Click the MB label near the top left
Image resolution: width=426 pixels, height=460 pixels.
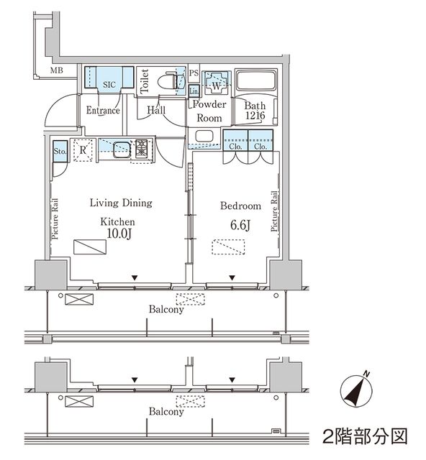(x=56, y=70)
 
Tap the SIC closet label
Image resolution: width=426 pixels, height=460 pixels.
(x=109, y=84)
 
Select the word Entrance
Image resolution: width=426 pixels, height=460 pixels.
(x=103, y=111)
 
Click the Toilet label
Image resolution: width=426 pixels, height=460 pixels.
(x=144, y=80)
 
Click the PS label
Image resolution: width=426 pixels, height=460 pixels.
(x=193, y=73)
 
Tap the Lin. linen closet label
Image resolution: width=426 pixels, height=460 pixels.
(x=194, y=91)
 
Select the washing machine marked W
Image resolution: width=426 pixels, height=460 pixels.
(x=214, y=84)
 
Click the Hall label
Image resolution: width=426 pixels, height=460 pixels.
(x=156, y=110)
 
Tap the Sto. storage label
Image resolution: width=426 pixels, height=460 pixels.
(x=60, y=151)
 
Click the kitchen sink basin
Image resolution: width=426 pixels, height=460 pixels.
(x=119, y=149)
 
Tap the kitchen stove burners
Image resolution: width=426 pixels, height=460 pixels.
(x=141, y=148)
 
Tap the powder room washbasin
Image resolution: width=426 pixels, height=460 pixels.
(x=204, y=137)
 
